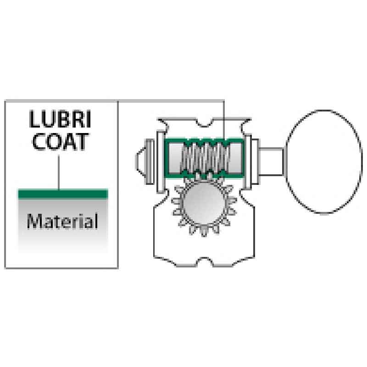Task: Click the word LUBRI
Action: tap(60, 119)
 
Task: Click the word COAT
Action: tap(61, 141)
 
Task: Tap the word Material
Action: tap(62, 221)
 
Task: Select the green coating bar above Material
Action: tap(63, 194)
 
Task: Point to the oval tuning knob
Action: tap(324, 161)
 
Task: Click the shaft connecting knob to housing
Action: tap(272, 161)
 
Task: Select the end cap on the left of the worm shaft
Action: tap(145, 161)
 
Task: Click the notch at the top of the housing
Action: tap(205, 122)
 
